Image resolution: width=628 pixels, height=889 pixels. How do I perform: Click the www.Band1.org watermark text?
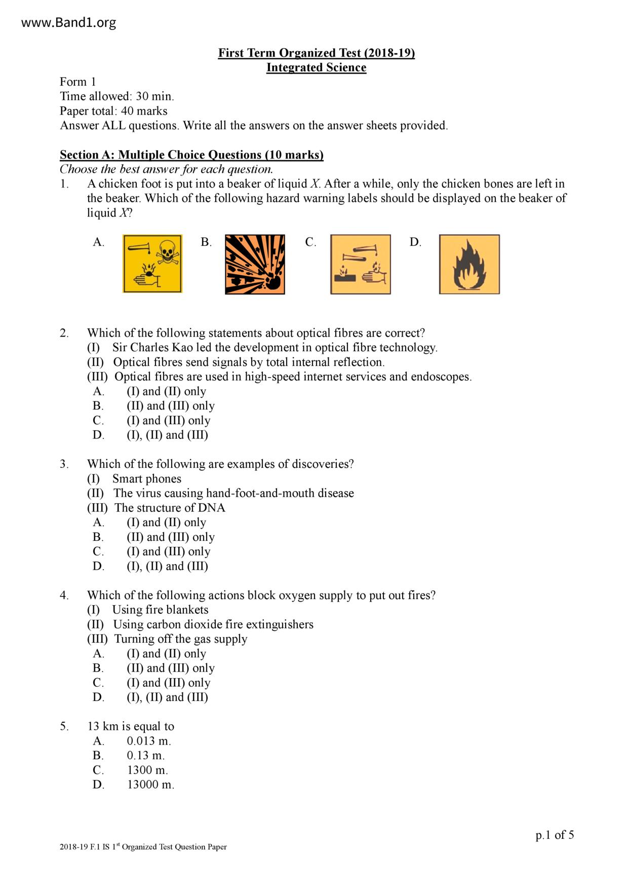69,23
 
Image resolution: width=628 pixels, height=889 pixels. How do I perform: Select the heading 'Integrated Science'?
316,67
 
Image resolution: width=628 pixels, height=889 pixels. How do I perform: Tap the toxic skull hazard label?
152,264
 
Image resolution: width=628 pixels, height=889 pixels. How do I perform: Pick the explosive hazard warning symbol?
255,264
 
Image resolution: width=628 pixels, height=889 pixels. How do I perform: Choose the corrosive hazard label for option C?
360,264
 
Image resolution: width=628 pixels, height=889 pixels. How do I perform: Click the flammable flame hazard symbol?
469,264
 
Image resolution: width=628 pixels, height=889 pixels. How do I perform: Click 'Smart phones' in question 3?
146,479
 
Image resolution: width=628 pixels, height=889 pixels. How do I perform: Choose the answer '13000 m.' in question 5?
150,785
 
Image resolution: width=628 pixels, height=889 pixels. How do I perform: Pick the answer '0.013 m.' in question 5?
149,741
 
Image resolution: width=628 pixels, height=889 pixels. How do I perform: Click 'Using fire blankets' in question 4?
160,610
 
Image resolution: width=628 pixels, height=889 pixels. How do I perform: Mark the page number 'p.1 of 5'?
555,835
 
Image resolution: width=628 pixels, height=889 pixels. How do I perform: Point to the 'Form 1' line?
78,82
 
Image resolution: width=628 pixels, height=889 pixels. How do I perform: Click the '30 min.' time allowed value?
155,96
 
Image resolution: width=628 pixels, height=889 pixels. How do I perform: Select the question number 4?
64,596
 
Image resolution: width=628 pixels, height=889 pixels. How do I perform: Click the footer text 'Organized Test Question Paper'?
172,847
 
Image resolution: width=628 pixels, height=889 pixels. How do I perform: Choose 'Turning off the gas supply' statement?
180,639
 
